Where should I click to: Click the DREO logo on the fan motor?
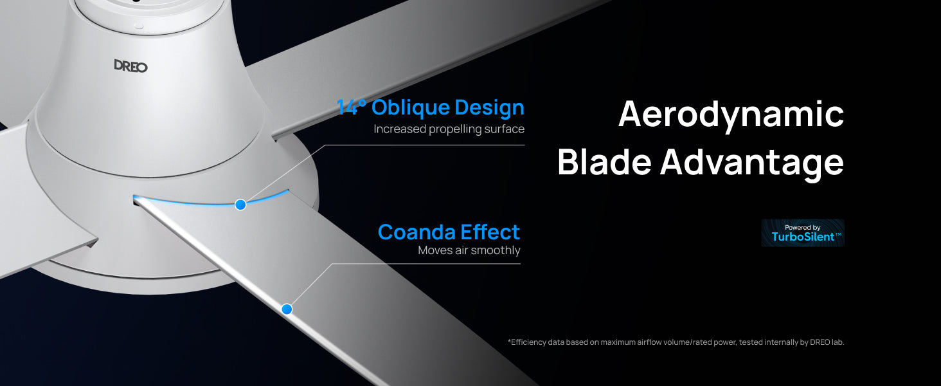[130, 66]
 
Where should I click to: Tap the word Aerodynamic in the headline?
[731, 115]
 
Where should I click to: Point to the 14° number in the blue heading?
[351, 107]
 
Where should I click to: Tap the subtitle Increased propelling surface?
[449, 129]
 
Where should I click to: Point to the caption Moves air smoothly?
[469, 250]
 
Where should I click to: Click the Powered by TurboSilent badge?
[803, 233]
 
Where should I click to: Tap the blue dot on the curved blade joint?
[240, 205]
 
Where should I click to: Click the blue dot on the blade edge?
[287, 309]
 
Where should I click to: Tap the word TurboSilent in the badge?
[803, 237]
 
